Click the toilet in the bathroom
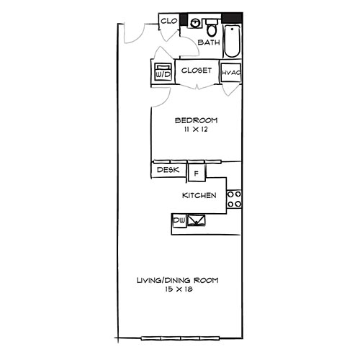pos(212,30)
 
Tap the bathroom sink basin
pos(195,23)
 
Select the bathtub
pos(232,42)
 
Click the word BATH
pos(209,43)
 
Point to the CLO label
pos(168,21)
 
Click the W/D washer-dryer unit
pos(161,73)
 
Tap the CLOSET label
pos(196,71)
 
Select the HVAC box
pos(230,73)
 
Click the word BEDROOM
pos(196,120)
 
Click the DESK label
pos(167,171)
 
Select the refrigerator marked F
pos(195,173)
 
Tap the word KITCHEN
pos(199,196)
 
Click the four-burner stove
pos(234,199)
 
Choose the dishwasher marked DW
pos(179,220)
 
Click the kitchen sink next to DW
pos(197,221)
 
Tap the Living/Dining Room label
pos(177,280)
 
